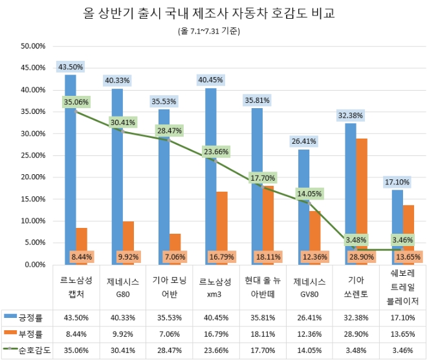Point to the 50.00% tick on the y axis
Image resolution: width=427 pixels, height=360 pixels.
[x=32, y=46]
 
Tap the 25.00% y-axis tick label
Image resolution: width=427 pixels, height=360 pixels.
[x=32, y=155]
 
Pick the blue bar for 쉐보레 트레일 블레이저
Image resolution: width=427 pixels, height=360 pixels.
[x=397, y=227]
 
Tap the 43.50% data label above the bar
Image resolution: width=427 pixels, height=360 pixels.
[x=71, y=67]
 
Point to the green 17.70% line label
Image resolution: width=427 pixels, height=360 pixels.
[x=262, y=177]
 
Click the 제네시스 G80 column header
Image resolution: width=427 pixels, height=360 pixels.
[x=122, y=287]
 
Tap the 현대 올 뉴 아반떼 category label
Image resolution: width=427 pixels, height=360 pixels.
[x=262, y=287]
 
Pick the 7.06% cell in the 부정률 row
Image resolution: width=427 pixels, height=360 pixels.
[x=169, y=334]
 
